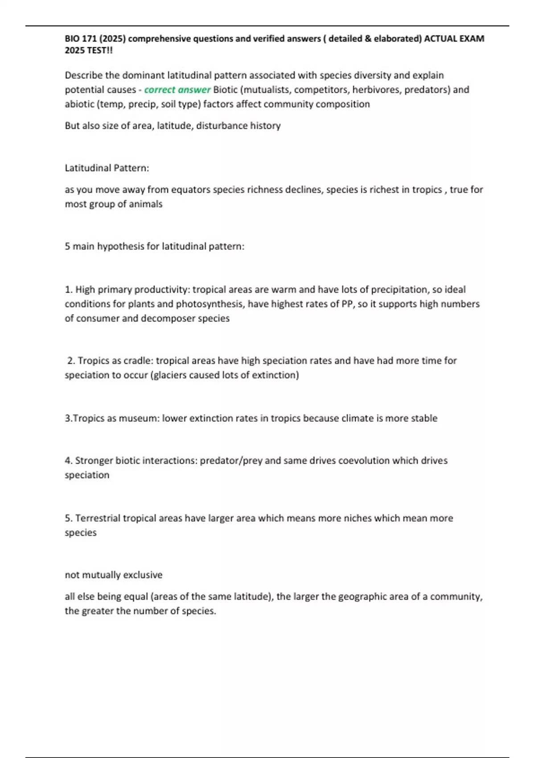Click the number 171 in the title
click(88, 39)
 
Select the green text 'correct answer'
click(177, 90)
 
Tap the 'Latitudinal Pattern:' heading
click(107, 168)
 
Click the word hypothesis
click(122, 246)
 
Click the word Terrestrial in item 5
click(98, 518)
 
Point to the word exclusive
click(143, 575)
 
